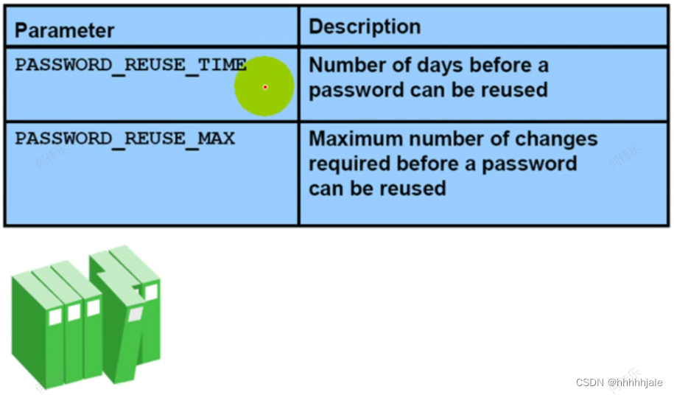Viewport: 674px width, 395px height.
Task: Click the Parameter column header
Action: [x=64, y=30]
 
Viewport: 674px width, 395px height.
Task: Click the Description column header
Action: [x=365, y=27]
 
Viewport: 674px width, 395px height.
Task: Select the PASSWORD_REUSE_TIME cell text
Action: [x=130, y=64]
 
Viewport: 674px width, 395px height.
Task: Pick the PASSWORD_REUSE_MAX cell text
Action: [x=124, y=138]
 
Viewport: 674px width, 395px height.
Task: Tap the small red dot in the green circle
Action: [x=265, y=87]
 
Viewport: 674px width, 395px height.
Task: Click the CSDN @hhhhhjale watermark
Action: [x=619, y=382]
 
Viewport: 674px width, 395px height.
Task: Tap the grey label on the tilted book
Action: [x=135, y=315]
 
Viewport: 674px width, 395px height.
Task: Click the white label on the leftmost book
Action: [x=55, y=316]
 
